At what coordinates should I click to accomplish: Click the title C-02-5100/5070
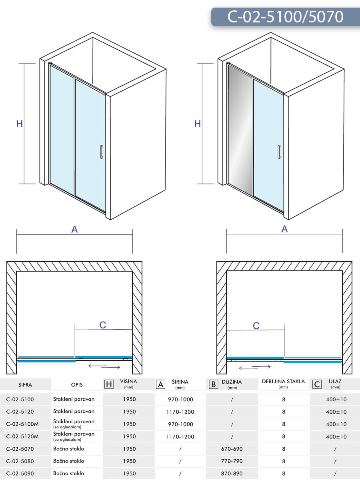tap(285, 17)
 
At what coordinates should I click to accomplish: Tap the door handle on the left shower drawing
tap(102, 152)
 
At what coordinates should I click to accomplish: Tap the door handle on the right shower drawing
tap(279, 152)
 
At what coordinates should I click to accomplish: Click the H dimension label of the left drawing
tap(19, 124)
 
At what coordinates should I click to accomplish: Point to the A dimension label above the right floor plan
tap(284, 229)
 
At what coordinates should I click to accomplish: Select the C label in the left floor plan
tap(103, 325)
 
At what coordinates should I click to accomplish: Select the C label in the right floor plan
tap(256, 326)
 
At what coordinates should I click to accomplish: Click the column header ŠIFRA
tap(25, 385)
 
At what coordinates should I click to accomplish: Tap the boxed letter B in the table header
tap(214, 384)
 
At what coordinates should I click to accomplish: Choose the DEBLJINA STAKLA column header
tap(283, 382)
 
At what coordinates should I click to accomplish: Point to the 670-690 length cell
tap(232, 449)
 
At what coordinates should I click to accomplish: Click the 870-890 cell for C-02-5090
tap(232, 474)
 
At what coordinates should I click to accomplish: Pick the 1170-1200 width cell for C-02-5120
tap(180, 412)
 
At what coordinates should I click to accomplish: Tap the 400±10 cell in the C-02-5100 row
tap(336, 399)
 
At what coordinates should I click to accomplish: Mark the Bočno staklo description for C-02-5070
tap(68, 449)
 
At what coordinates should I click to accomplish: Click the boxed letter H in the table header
tap(108, 384)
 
